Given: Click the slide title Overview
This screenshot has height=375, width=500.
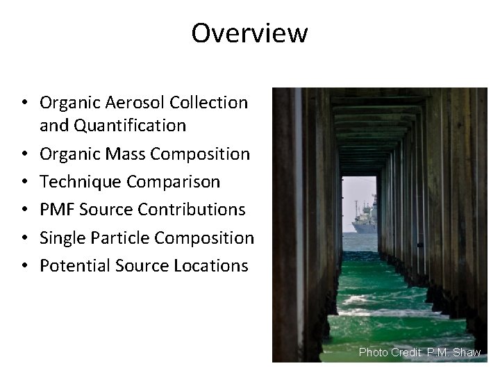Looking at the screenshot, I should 249,33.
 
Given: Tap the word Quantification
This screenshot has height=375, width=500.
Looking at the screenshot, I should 129,126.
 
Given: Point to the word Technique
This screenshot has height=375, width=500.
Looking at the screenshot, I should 78,182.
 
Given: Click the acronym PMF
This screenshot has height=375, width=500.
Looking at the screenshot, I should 56,210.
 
